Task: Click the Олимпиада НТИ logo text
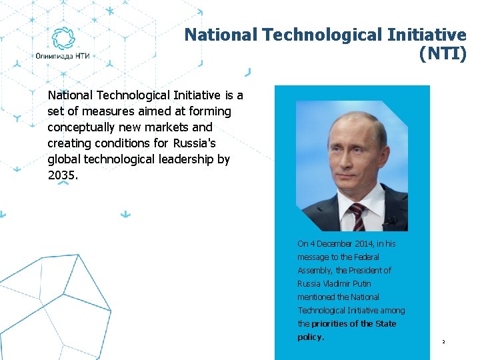63,57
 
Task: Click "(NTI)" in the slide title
443,55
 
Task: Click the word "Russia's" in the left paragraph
195,143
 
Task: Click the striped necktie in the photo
358,216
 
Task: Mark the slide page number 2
443,342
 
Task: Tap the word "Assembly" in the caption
315,271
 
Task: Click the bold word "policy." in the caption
311,337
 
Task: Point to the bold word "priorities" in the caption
331,324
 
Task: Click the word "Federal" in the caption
366,257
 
